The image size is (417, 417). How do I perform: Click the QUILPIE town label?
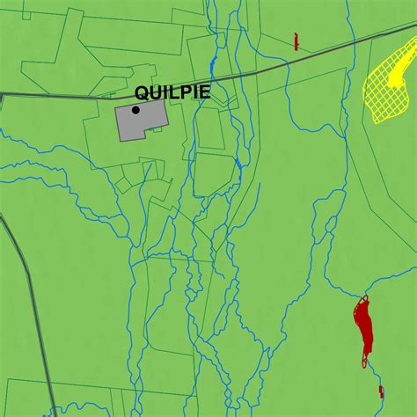click(172, 92)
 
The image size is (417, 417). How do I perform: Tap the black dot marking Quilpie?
click(135, 110)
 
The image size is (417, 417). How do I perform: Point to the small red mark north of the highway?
click(296, 41)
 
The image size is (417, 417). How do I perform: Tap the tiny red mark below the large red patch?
click(381, 390)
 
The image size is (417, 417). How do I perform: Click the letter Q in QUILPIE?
click(142, 92)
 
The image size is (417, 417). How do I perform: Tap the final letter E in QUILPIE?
click(205, 92)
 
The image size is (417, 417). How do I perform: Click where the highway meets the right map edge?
click(415, 26)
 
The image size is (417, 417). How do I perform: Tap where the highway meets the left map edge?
click(2, 94)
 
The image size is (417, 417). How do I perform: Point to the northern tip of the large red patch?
click(361, 298)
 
